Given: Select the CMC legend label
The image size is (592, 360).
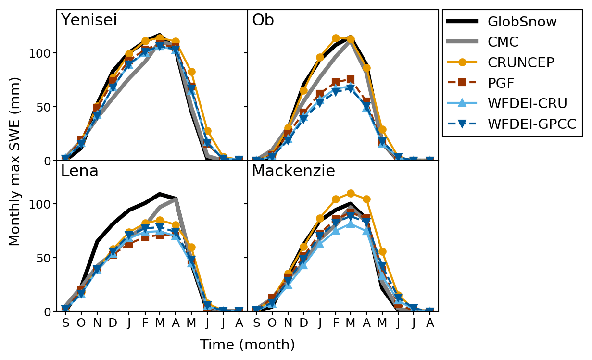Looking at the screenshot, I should pyautogui.click(x=503, y=42).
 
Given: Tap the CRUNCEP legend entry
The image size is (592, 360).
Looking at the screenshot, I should pyautogui.click(x=521, y=62).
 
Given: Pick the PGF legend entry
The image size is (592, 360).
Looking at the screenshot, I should pyautogui.click(x=501, y=83).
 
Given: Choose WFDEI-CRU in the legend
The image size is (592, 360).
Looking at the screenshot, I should pyautogui.click(x=527, y=103).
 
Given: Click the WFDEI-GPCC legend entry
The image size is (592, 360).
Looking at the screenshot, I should pyautogui.click(x=531, y=124).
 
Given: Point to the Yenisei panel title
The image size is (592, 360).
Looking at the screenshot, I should pyautogui.click(x=89, y=20).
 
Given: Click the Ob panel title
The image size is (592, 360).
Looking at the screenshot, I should pyautogui.click(x=263, y=20).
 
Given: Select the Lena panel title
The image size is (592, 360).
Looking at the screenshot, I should pyautogui.click(x=79, y=171).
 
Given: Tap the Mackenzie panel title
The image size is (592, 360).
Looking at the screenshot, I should pyautogui.click(x=293, y=171).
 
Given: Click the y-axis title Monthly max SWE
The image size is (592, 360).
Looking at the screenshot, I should pyautogui.click(x=15, y=161).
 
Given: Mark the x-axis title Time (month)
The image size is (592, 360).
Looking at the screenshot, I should pyautogui.click(x=247, y=345).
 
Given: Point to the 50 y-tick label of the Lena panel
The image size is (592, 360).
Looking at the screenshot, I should pyautogui.click(x=43, y=258).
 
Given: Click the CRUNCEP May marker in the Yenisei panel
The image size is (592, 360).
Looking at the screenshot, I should pyautogui.click(x=191, y=72).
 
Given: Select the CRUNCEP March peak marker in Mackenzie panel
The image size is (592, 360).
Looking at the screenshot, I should pyautogui.click(x=351, y=193).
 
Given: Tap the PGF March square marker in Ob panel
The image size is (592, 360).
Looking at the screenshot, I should pyautogui.click(x=351, y=79).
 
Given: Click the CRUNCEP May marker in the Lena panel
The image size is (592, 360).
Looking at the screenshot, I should pyautogui.click(x=191, y=247).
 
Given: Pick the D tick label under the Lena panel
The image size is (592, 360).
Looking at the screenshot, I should pyautogui.click(x=113, y=323).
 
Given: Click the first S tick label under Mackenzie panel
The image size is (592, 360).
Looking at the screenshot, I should pyautogui.click(x=256, y=323).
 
